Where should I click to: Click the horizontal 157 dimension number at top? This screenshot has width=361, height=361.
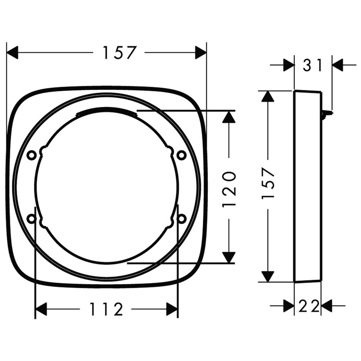tap(119, 53)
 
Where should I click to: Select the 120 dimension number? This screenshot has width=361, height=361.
tap(229, 188)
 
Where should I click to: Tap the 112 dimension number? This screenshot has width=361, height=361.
tap(106, 309)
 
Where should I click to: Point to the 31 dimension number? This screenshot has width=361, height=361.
tap(312, 65)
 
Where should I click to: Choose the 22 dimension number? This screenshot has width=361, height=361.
tap(309, 306)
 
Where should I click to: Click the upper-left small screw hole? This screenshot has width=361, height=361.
tap(31, 155)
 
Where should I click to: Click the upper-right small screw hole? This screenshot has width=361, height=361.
tap(182, 155)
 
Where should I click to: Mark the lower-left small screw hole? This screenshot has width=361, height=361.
tap(31, 218)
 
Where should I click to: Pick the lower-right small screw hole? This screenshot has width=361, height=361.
tap(182, 218)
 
